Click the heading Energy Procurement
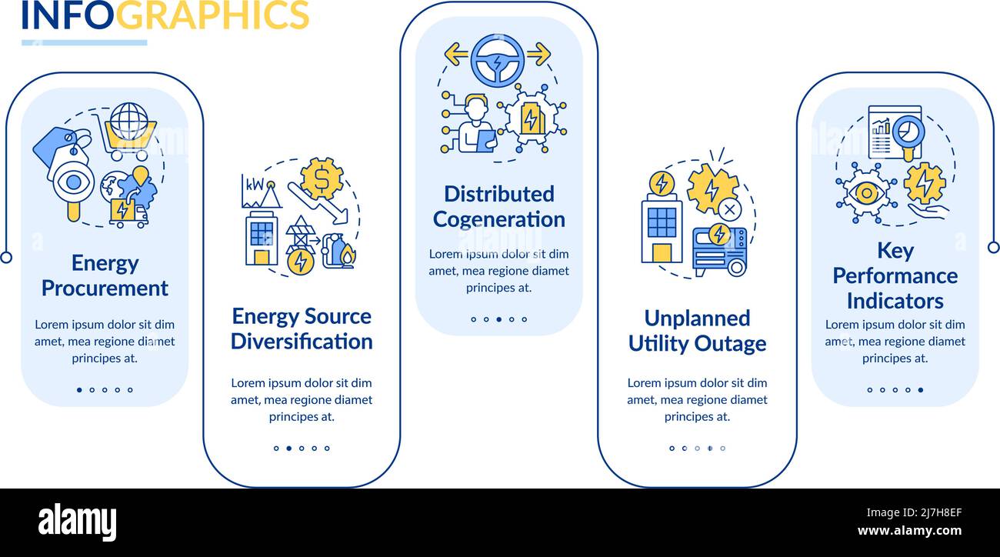click(x=105, y=275)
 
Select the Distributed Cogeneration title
click(x=499, y=207)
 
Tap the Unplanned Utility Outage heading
click(x=697, y=331)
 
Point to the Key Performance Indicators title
click(x=895, y=275)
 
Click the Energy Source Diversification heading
click(x=302, y=329)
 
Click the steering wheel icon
click(x=498, y=60)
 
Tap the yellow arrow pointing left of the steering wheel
click(x=456, y=54)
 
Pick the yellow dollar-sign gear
click(x=322, y=179)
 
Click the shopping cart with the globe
click(x=128, y=132)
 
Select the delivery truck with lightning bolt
click(x=129, y=213)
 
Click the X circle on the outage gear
click(x=730, y=209)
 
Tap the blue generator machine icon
click(x=720, y=251)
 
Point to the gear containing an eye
click(x=866, y=193)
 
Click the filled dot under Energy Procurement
click(x=79, y=389)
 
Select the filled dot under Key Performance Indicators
click(x=921, y=389)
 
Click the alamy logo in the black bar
click(x=77, y=522)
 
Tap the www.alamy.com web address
click(x=909, y=530)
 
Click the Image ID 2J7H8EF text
click(x=914, y=512)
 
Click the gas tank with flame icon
click(x=339, y=252)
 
